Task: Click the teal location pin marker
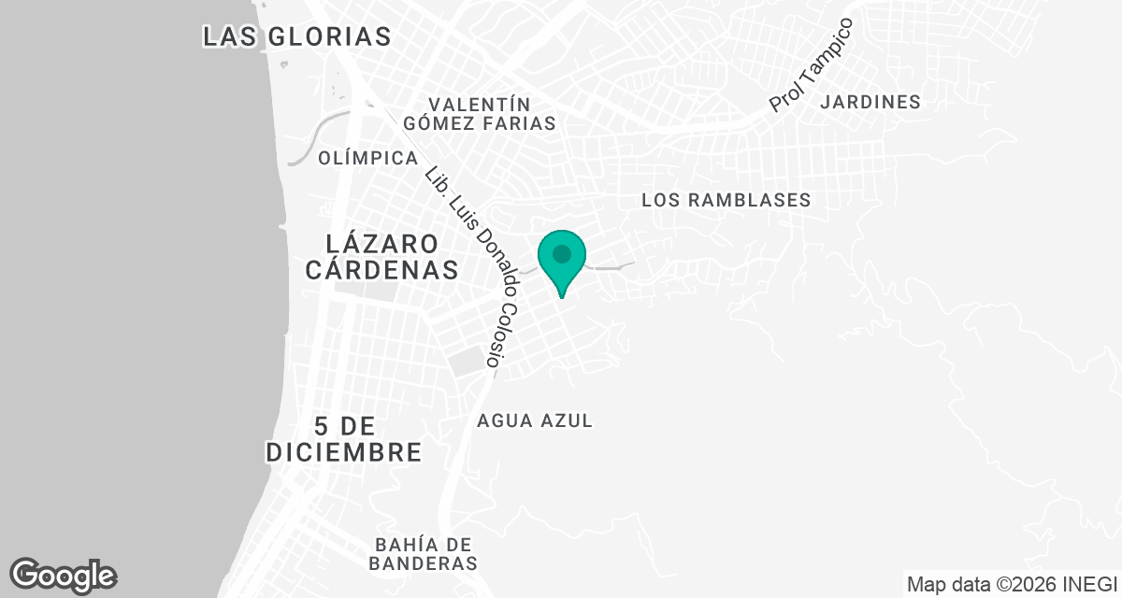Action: coord(561,261)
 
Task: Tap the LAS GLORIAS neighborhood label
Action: coord(296,36)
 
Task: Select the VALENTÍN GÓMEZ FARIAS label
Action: coord(480,113)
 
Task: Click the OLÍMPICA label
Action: coord(367,158)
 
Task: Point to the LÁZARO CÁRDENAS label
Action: coord(381,257)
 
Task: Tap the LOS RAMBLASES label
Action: coord(726,200)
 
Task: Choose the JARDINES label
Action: coord(870,102)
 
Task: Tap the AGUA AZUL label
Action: coord(535,420)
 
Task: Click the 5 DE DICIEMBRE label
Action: coord(343,439)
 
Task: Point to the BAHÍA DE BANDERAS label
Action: coord(424,554)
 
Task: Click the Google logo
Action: coord(63,575)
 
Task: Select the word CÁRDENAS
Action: coord(381,270)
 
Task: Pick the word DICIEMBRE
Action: coord(343,452)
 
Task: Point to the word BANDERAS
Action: coord(424,564)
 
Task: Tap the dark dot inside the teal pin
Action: coord(561,253)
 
